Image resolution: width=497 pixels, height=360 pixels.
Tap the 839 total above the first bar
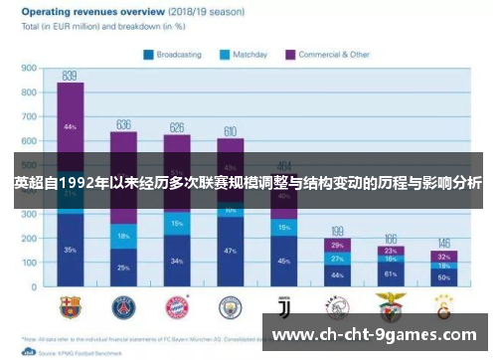tap(70, 75)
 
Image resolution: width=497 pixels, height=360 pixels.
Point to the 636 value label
tap(123, 124)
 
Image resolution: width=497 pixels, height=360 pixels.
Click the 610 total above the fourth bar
tap(230, 131)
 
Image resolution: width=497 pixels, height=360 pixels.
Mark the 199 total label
tap(337, 231)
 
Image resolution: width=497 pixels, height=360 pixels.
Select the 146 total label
tap(443, 243)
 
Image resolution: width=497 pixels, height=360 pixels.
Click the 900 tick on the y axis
tap(29, 69)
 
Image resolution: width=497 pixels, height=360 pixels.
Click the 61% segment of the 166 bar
tap(391, 273)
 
